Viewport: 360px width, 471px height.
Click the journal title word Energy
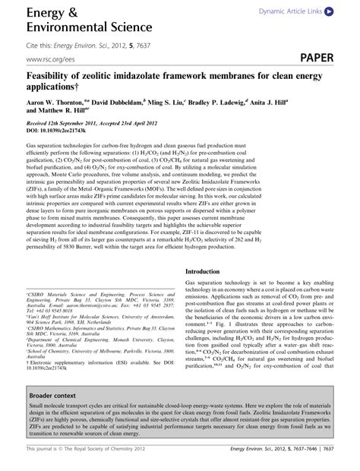[48, 13]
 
